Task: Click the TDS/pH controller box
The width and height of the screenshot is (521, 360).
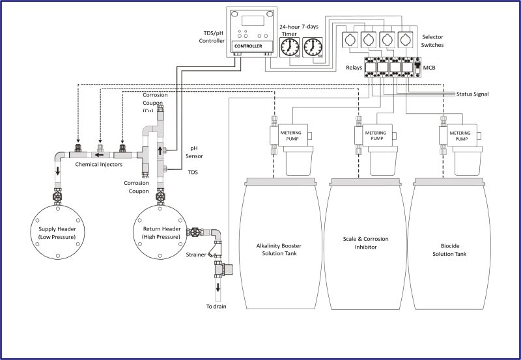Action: coord(250,32)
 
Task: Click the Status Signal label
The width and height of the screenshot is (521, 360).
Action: coord(472,94)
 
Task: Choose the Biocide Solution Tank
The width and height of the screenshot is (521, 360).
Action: coord(450,247)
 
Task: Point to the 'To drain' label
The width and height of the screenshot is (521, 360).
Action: coord(216,306)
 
